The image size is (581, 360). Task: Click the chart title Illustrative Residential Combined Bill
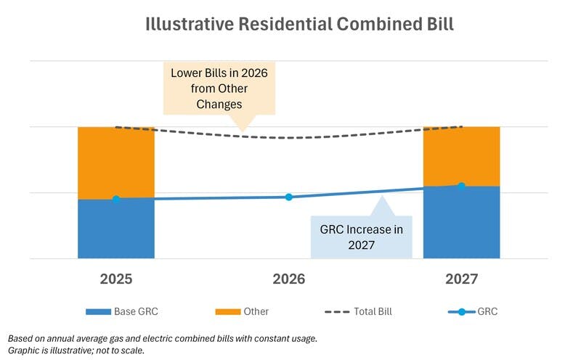pos(289,23)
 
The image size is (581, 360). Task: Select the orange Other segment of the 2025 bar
pos(116,162)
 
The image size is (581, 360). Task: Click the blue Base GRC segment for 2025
pos(116,229)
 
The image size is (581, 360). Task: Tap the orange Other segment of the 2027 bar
pos(461,155)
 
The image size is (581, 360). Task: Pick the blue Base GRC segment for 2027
pos(461,222)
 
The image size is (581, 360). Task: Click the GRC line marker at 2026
pos(288,197)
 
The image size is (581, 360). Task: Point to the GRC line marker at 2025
pos(116,198)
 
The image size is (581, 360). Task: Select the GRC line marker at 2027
pos(461,186)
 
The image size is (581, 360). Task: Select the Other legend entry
pos(243,311)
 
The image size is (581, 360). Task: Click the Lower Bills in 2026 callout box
pos(219,89)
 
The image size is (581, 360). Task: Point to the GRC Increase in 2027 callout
pos(361,237)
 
